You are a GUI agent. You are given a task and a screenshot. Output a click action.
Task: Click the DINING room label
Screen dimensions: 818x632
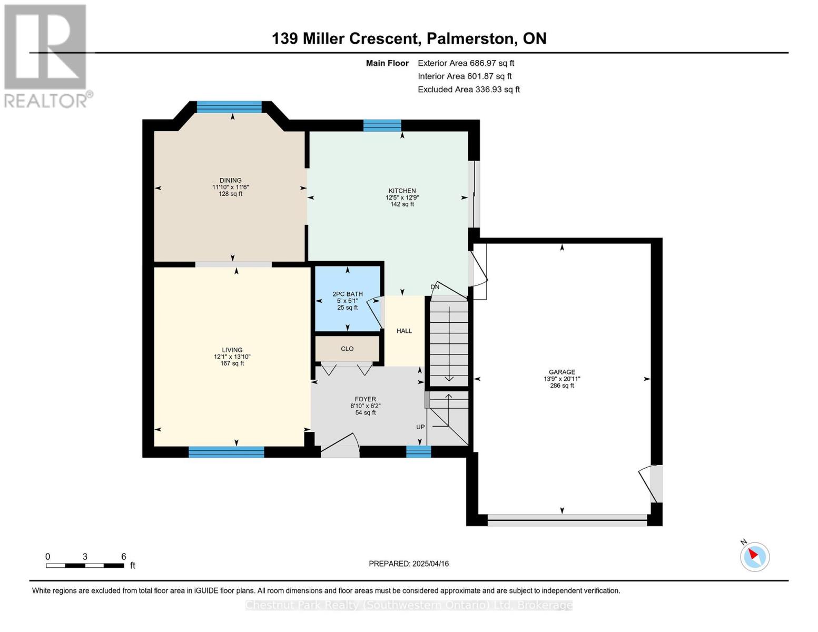tap(230, 180)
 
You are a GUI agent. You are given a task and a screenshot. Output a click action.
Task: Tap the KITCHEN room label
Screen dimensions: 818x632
tap(402, 191)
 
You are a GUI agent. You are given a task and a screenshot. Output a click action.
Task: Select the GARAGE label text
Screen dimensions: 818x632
tap(561, 372)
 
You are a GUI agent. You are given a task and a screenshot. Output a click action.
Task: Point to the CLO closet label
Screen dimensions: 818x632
tap(347, 349)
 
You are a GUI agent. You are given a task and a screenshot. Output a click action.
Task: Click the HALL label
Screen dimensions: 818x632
tap(405, 331)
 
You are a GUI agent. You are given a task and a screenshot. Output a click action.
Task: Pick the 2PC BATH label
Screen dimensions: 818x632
tap(348, 294)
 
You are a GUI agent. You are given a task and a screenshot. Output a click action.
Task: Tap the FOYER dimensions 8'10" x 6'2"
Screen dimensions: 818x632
tap(365, 406)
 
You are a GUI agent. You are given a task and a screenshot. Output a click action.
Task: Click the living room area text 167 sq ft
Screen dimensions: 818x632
tap(232, 363)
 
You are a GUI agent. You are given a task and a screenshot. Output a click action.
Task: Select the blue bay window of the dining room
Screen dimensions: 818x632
tap(229, 107)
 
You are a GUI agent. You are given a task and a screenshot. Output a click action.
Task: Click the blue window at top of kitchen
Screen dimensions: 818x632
tap(382, 125)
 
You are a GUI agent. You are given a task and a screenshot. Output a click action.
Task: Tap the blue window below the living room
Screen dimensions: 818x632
tap(226, 452)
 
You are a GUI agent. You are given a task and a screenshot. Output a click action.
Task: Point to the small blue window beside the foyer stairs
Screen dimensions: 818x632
tap(418, 452)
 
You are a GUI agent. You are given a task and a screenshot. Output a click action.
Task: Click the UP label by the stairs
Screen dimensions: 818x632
tap(420, 427)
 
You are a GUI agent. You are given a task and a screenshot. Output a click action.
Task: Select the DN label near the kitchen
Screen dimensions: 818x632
tap(435, 287)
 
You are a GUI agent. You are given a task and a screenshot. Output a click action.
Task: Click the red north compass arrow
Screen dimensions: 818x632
tap(753, 554)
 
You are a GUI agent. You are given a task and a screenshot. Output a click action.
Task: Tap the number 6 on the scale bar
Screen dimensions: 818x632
tap(123, 556)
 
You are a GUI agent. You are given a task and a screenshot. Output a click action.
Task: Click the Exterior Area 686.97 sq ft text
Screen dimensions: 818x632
tap(466, 63)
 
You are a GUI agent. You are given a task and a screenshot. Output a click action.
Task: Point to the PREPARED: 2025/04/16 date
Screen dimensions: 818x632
tap(409, 564)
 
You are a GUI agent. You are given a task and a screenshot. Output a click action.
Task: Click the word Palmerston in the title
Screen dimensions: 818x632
tap(470, 38)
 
